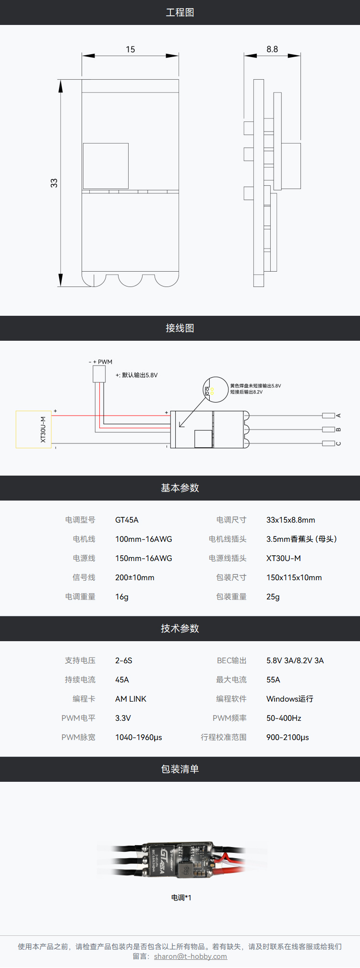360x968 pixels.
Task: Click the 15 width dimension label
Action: pos(131,49)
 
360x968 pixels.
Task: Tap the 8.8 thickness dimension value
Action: pos(272,49)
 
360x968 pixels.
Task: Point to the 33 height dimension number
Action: pos(54,183)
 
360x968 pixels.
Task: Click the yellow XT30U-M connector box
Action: pos(34,429)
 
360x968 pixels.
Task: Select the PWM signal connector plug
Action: pos(99,374)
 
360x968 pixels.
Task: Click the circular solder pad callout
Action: pos(216,389)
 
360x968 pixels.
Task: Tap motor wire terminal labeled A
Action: pos(329,416)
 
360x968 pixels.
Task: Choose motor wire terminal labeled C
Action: pos(329,443)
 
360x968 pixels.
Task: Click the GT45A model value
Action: pos(127,520)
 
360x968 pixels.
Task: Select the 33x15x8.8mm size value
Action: pos(290,520)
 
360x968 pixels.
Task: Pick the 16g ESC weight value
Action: pos(122,597)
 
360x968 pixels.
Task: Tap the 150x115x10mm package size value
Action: pos(294,577)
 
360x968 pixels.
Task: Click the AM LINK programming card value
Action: pos(131,699)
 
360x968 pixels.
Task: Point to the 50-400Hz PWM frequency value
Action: pos(284,718)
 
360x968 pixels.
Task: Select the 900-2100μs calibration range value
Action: pos(288,737)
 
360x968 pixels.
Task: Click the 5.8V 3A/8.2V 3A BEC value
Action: pos(295,660)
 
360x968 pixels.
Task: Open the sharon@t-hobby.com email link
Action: pos(191,956)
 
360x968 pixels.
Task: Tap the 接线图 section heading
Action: pos(180,328)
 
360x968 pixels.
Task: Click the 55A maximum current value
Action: pos(273,680)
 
